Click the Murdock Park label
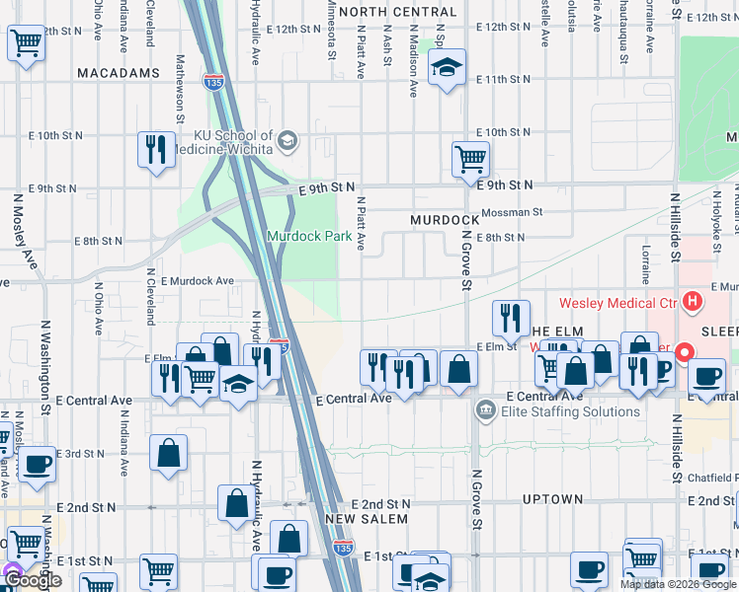click(308, 237)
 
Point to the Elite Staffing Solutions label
click(558, 411)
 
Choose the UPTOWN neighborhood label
click(552, 499)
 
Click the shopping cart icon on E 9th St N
click(471, 157)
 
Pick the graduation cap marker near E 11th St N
click(447, 69)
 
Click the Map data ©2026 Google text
click(679, 584)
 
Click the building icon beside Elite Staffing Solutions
click(485, 409)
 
